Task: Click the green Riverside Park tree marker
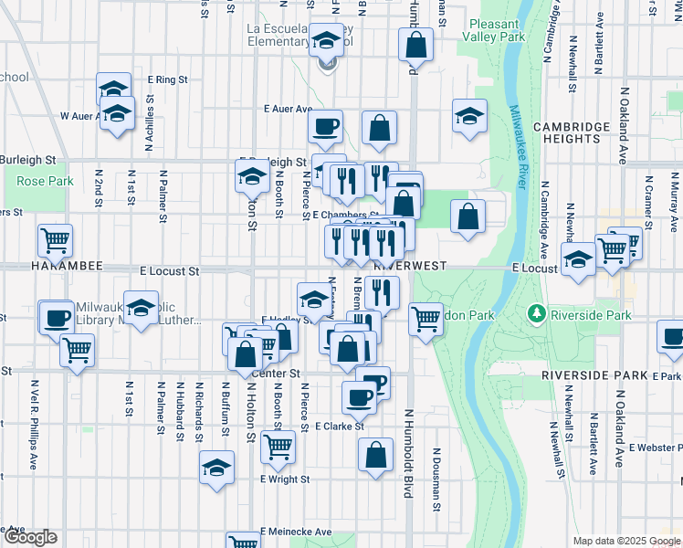click(536, 314)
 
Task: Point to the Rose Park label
click(45, 181)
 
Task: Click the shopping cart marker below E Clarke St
click(278, 447)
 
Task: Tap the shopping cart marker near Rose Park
click(56, 240)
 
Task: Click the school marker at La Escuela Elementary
click(326, 40)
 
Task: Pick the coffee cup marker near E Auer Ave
click(327, 126)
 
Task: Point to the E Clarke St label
click(340, 426)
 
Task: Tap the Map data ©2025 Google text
click(625, 541)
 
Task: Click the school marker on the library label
click(141, 309)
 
